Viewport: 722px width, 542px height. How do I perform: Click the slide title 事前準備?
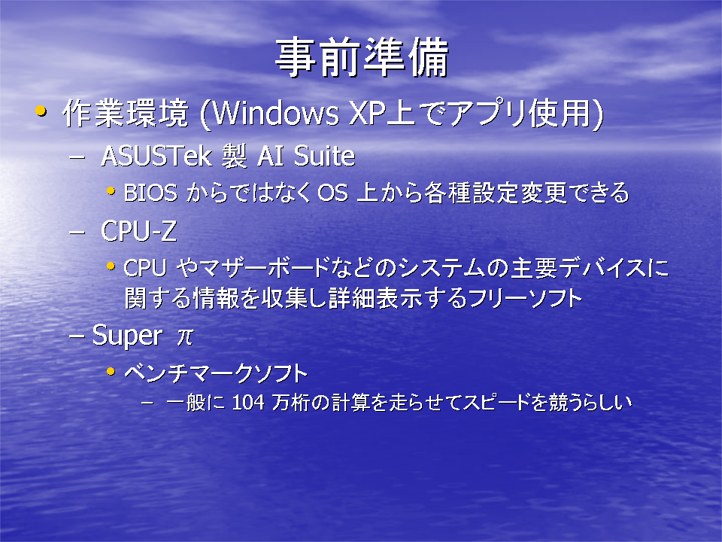(362, 57)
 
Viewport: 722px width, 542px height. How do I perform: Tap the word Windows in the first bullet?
(276, 113)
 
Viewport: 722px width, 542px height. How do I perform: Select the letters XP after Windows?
(367, 113)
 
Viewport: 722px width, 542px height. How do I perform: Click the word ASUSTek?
(156, 156)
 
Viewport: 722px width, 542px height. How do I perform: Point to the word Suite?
(324, 156)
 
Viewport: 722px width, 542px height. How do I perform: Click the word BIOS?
(150, 193)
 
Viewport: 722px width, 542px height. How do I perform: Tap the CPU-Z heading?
(138, 230)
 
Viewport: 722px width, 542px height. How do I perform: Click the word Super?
(127, 335)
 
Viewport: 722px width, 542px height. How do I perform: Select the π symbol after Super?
(185, 336)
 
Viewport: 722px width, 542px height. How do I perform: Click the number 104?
(248, 402)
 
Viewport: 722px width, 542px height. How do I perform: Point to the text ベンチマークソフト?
(216, 373)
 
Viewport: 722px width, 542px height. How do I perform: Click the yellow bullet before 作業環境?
(41, 111)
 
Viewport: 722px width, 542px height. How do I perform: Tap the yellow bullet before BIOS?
(111, 190)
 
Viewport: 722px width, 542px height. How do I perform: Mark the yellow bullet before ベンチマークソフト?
(111, 371)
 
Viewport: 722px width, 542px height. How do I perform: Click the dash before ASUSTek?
(77, 157)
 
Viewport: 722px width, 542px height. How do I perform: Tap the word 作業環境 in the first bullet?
(126, 113)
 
